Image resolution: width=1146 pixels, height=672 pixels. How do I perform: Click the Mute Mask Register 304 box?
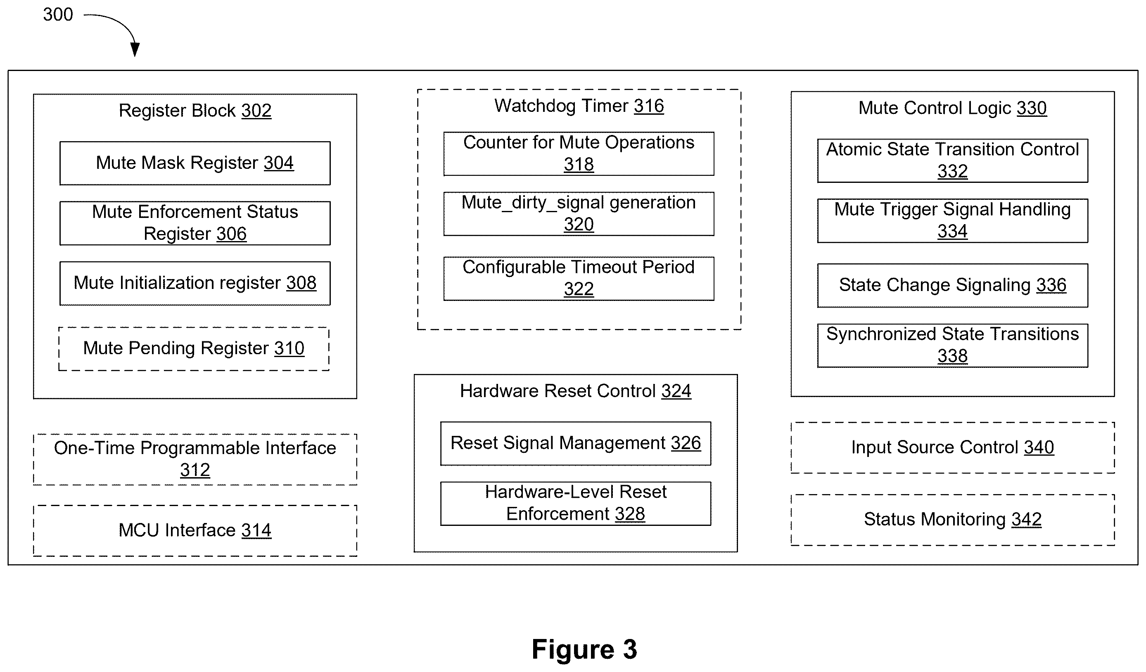[x=195, y=163]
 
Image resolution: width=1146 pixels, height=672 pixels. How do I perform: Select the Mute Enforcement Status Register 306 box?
[x=195, y=223]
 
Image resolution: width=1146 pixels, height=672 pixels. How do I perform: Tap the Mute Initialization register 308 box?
[x=195, y=283]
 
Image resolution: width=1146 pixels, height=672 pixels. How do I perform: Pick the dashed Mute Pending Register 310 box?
[x=194, y=349]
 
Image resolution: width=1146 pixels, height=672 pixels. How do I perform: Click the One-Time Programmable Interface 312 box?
[x=195, y=460]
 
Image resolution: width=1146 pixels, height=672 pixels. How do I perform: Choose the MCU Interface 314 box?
[x=195, y=530]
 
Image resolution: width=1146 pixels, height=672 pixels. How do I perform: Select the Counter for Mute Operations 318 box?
[x=579, y=154]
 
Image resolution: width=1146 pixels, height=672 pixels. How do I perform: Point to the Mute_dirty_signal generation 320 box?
[x=579, y=214]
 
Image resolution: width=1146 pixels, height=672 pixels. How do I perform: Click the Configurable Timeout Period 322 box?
[x=579, y=279]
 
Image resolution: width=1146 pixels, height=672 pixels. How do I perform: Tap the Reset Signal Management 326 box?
[x=576, y=443]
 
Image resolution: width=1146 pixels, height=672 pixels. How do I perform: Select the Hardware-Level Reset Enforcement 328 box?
[x=576, y=504]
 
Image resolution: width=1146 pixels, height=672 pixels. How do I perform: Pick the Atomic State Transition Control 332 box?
[x=953, y=161]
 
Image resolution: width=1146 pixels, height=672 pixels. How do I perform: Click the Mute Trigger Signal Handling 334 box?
[x=953, y=221]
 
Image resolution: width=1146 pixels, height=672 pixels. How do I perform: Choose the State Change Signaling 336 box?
[x=953, y=286]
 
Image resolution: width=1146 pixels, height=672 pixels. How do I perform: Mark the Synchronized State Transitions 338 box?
[x=953, y=345]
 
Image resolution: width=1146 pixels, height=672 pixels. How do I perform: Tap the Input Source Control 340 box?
[x=953, y=448]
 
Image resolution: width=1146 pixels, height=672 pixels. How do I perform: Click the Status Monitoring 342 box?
[x=953, y=520]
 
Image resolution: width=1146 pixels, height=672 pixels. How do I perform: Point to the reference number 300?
[x=58, y=14]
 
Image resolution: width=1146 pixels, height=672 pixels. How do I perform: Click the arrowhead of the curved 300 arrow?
[x=135, y=49]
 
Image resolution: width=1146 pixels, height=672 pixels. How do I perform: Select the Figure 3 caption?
[x=584, y=649]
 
